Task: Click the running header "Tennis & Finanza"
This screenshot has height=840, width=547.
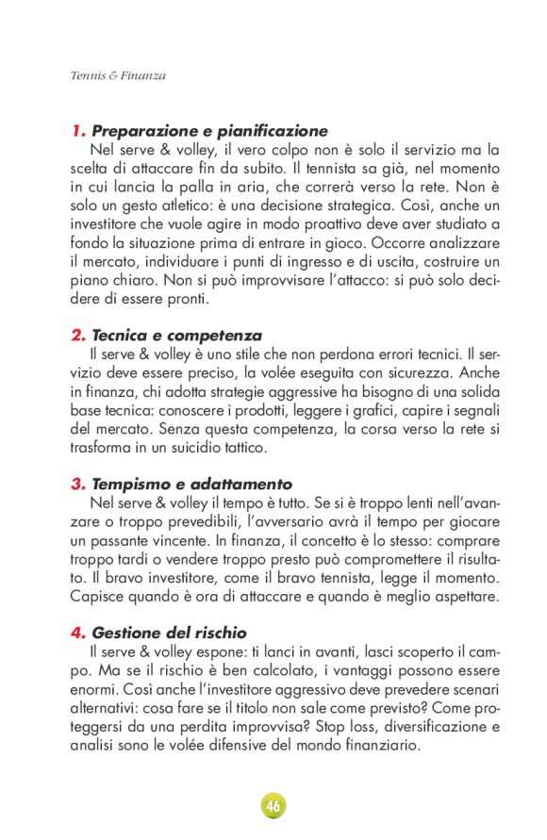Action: tap(118, 74)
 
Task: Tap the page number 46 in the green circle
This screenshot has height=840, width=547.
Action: tap(273, 807)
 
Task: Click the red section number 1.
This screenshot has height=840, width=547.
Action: tap(77, 131)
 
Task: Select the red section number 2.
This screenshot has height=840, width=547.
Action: tap(78, 336)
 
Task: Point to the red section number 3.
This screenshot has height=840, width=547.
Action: tap(78, 485)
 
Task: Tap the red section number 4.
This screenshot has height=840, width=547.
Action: tap(78, 633)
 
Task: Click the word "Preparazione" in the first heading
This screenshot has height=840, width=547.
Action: tap(138, 131)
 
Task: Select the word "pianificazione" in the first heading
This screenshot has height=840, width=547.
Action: tap(267, 131)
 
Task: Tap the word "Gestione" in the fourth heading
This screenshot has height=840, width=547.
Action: tap(127, 633)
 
